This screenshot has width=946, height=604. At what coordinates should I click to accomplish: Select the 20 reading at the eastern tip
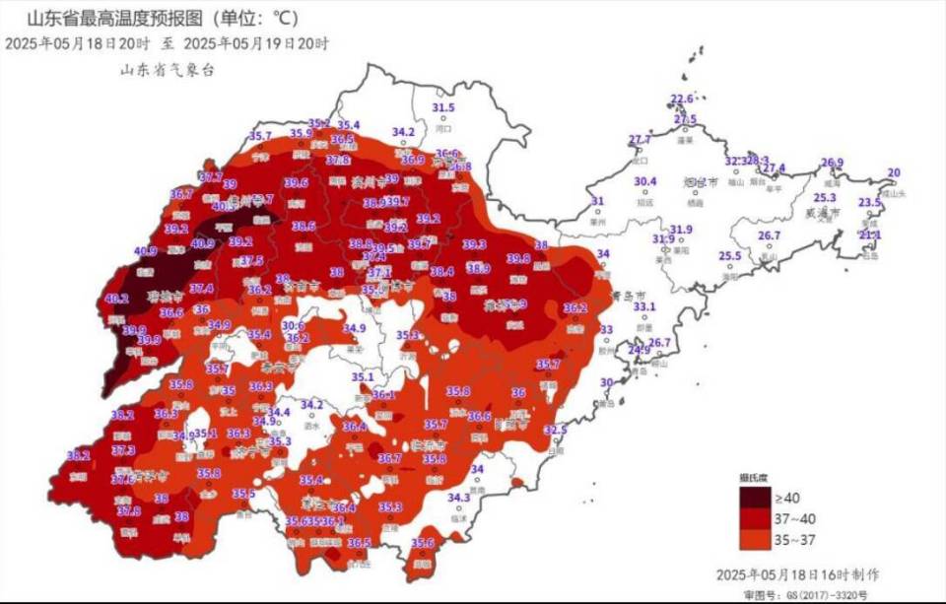(894, 173)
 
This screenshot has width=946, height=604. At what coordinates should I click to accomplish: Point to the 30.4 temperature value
(645, 181)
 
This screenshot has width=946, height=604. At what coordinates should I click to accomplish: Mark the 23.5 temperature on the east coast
(869, 203)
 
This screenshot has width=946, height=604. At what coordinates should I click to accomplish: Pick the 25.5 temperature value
(729, 256)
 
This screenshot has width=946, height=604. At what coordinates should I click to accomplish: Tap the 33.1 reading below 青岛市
(644, 307)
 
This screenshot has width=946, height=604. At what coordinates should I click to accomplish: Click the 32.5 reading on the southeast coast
(557, 430)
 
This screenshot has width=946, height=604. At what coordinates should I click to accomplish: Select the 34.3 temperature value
(458, 498)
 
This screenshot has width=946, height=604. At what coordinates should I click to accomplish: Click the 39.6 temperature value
(297, 183)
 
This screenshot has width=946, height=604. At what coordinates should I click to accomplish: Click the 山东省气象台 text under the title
(167, 70)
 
